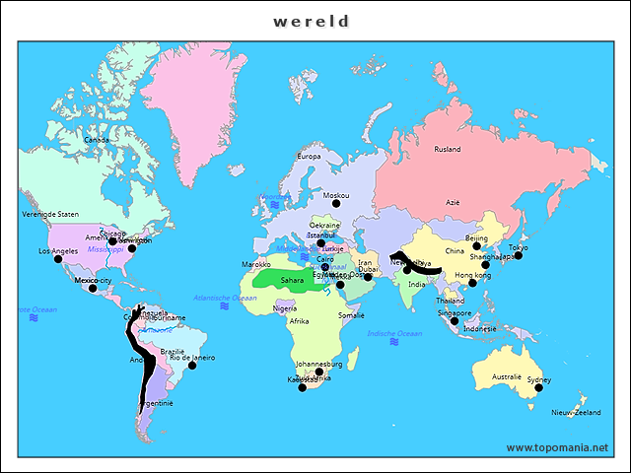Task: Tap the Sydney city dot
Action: (538, 388)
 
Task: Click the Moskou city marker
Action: (336, 204)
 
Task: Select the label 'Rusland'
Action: (448, 150)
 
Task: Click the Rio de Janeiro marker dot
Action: (192, 366)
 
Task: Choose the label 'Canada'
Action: (97, 140)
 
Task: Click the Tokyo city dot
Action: (518, 255)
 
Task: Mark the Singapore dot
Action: (455, 321)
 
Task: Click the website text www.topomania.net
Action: (557, 447)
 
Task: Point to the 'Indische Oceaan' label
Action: (394, 334)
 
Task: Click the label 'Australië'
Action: (506, 376)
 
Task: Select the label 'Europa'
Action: (309, 156)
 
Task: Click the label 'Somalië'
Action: (352, 315)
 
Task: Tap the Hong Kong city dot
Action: (472, 283)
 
